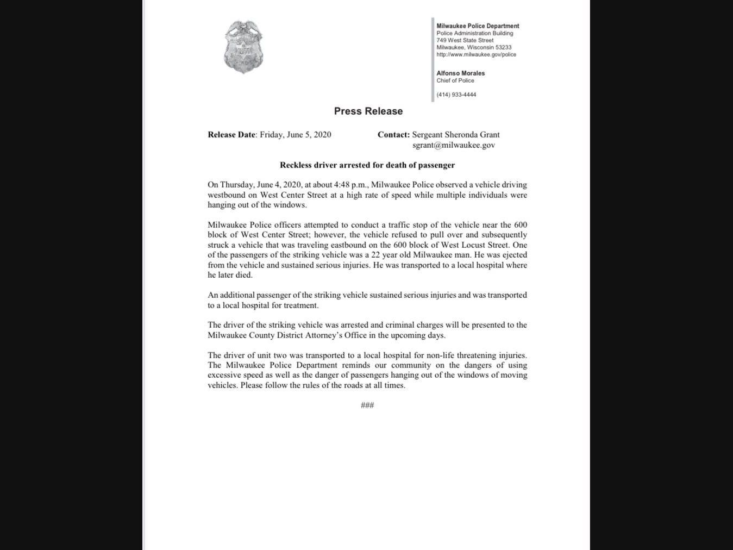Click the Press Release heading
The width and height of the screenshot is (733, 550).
pos(368,111)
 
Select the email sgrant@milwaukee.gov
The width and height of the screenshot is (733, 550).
pos(453,145)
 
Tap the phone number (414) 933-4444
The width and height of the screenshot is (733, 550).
pos(456,95)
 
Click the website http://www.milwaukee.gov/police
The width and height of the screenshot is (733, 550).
pos(476,54)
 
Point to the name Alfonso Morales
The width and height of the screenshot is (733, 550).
pos(460,73)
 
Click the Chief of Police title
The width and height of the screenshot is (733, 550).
pos(455,80)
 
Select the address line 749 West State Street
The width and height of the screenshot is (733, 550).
pos(465,40)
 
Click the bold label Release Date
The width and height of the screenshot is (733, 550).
pos(231,135)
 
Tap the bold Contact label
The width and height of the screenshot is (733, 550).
pos(393,135)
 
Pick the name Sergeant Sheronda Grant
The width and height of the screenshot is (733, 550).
pos(455,135)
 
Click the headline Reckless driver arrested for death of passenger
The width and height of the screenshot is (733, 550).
pos(367,165)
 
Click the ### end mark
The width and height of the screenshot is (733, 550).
pos(367,405)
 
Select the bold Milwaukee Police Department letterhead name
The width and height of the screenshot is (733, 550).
pos(478,26)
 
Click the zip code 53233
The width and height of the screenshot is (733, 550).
pos(503,47)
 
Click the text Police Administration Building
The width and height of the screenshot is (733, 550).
pos(474,33)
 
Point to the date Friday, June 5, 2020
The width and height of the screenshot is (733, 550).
pos(295,135)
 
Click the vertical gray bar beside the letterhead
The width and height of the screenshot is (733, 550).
pos(433,60)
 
